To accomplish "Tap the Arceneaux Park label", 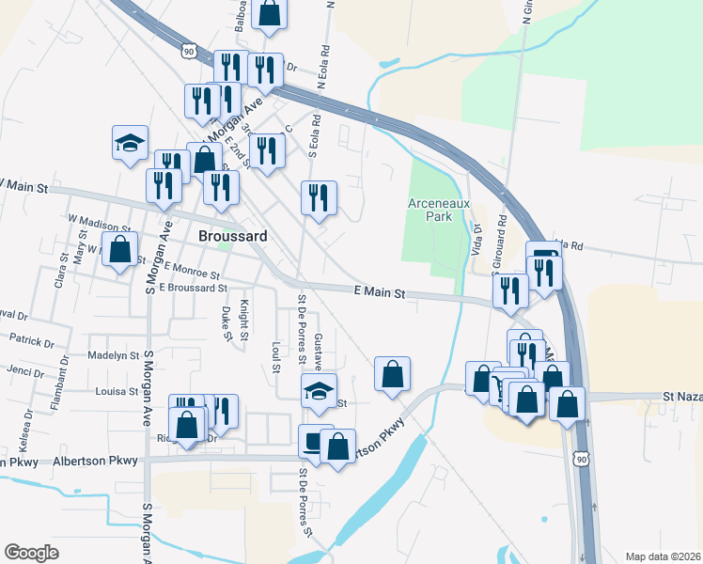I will tap(430, 210).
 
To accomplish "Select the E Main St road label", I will tap(380, 293).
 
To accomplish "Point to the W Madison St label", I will tap(99, 227).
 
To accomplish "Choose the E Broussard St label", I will tap(194, 288).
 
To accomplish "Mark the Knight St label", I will tap(243, 320).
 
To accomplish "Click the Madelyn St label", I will tap(113, 355).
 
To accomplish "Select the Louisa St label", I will tap(117, 390).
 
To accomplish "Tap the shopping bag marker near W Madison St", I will tap(119, 251).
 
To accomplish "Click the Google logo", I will tap(31, 553).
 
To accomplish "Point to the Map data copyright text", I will tap(664, 556).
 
